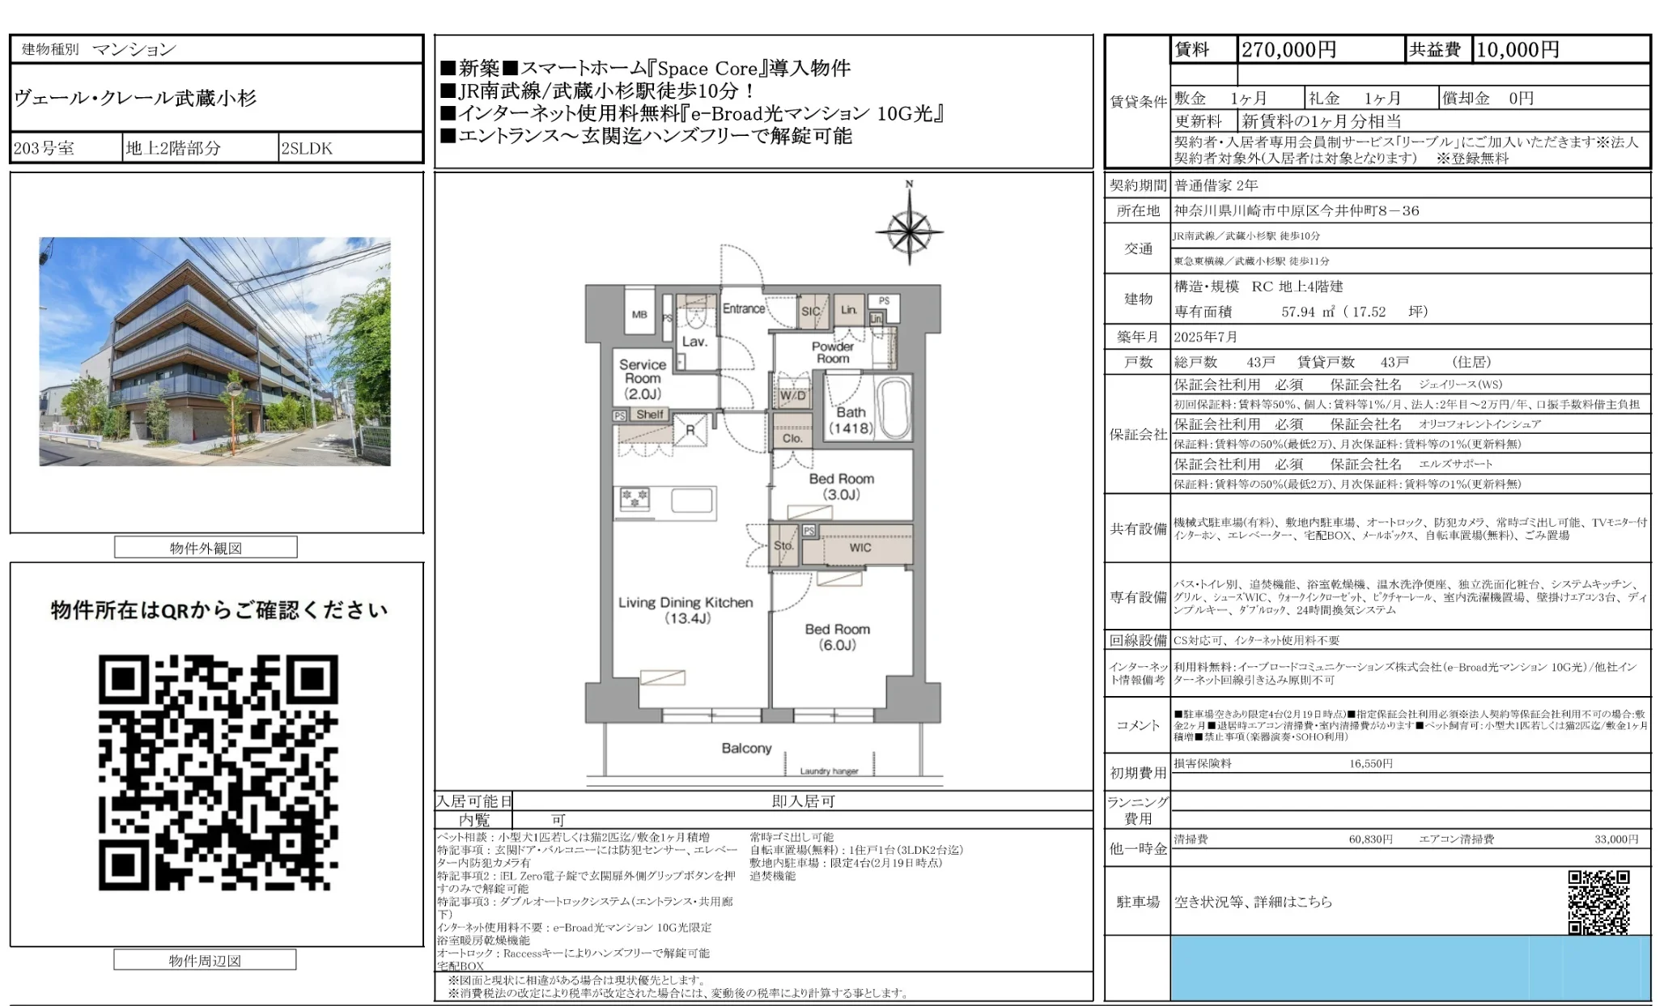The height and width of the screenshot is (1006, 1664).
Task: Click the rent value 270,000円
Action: tap(1288, 50)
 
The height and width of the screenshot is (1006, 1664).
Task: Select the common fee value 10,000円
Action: tap(1518, 50)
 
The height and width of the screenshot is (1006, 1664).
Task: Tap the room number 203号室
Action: tap(45, 148)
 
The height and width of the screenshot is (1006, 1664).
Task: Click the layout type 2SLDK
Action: tap(307, 148)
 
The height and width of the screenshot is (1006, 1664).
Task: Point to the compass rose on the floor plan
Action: tap(909, 231)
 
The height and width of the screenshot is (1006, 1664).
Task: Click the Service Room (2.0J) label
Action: tap(643, 379)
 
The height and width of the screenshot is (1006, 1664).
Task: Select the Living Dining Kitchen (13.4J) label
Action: tap(686, 610)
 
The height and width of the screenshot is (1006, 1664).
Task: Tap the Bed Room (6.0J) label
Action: tap(837, 637)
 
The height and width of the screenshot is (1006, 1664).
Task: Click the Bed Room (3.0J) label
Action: tap(841, 486)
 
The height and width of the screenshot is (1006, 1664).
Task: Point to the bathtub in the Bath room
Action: tap(894, 409)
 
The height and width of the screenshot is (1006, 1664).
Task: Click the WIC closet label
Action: tap(860, 548)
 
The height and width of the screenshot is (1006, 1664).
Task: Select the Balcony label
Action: tap(746, 749)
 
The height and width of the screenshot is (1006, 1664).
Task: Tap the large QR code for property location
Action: tap(218, 772)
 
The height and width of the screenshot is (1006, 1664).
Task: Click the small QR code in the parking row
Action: tap(1598, 902)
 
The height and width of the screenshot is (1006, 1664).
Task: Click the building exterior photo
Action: tap(214, 351)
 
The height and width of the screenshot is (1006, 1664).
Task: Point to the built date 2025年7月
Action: tap(1206, 337)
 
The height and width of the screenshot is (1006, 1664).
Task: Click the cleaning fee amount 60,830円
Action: tap(1370, 839)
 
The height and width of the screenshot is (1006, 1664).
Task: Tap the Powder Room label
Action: tap(832, 352)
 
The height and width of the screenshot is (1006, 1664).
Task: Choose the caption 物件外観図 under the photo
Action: tap(206, 548)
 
